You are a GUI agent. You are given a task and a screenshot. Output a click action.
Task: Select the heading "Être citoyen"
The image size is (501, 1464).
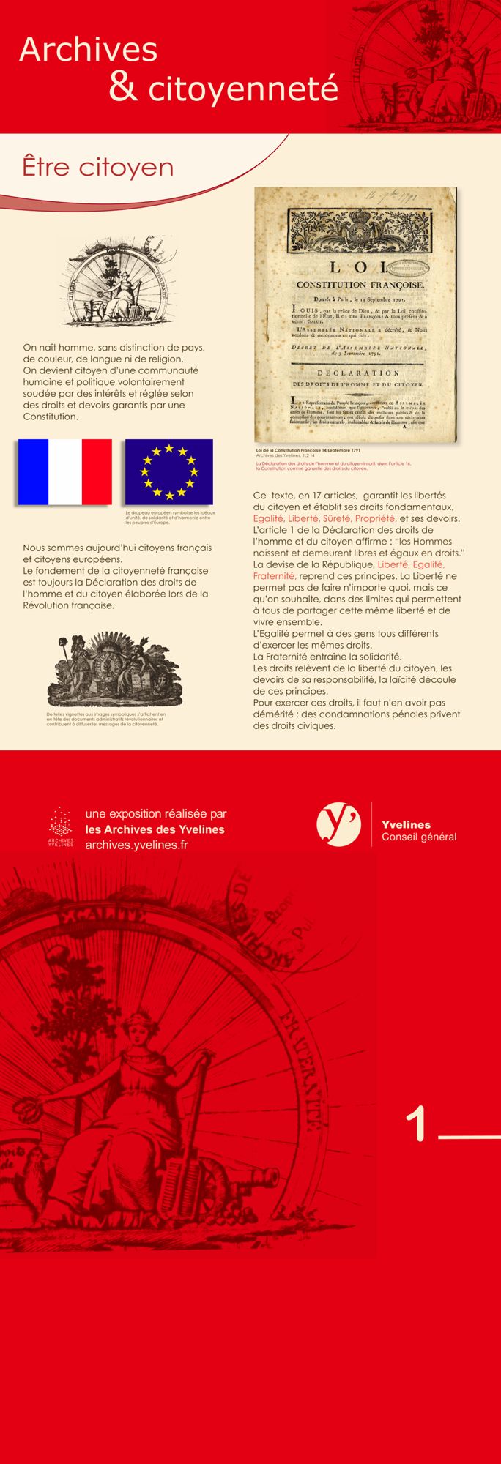click(97, 167)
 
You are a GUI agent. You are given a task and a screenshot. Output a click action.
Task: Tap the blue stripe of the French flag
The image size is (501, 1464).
click(33, 472)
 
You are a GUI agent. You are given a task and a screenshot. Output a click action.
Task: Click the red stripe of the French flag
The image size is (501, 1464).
click(96, 472)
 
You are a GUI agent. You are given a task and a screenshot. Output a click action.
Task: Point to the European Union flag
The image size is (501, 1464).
click(168, 472)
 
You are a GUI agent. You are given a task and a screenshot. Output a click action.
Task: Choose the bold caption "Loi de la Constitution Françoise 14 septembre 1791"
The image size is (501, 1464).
click(307, 449)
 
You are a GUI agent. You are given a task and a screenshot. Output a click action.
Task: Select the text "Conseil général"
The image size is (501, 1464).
click(418, 837)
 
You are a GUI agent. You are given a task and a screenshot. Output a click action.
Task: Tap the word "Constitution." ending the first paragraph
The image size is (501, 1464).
click(50, 417)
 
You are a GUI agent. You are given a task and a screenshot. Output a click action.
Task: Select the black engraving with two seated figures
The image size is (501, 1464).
click(104, 670)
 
